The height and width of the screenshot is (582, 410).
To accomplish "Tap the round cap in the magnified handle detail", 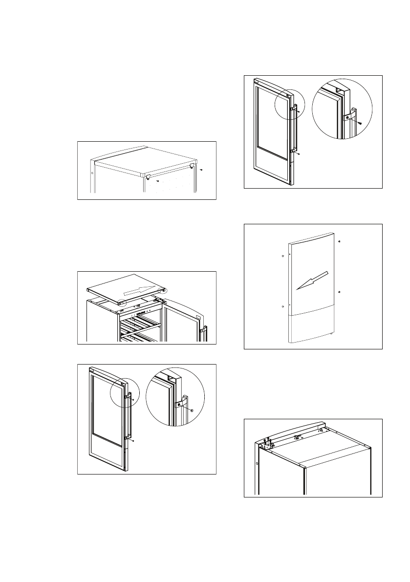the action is pyautogui.click(x=192, y=410).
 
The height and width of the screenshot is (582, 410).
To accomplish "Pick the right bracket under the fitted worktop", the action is pyautogui.click(x=191, y=167).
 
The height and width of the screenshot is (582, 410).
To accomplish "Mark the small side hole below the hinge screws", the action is pyautogui.click(x=257, y=463).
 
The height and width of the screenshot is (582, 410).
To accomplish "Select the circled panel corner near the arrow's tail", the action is pyautogui.click(x=120, y=303).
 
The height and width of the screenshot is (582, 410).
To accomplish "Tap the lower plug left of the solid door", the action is pyautogui.click(x=283, y=306).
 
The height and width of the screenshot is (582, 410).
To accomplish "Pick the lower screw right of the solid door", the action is pyautogui.click(x=339, y=292).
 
